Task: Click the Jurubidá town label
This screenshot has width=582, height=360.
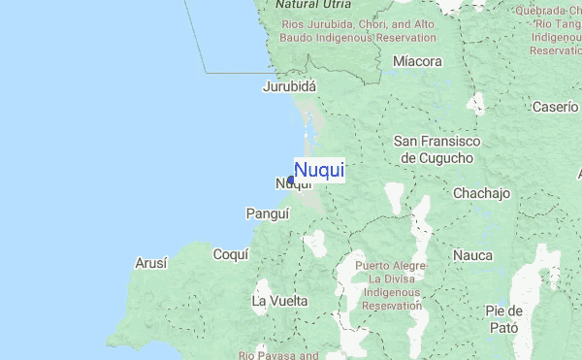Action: (x=289, y=86)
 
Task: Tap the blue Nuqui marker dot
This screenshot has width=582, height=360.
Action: (x=291, y=180)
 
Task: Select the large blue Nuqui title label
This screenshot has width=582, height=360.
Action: (x=319, y=171)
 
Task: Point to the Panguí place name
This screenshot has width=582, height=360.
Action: (x=268, y=213)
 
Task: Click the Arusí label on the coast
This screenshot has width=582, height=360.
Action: (x=151, y=263)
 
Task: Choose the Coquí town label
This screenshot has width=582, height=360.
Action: (x=230, y=254)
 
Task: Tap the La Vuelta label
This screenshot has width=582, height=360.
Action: (x=279, y=301)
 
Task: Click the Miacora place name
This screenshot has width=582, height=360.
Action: (x=417, y=62)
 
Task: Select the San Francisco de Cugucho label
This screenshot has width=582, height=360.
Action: (x=436, y=149)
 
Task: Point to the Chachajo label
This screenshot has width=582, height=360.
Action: (x=481, y=193)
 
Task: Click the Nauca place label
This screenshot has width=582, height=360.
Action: (x=474, y=255)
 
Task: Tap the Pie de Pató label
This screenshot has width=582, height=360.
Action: (x=505, y=319)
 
